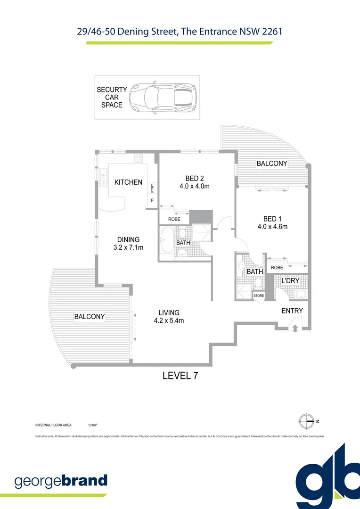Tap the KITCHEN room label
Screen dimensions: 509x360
click(128, 182)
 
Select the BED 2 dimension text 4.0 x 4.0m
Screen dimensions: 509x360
click(194, 186)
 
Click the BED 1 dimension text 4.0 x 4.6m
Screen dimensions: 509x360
click(272, 227)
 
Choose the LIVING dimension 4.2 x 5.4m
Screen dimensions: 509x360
click(169, 321)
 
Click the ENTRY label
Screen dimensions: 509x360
click(292, 311)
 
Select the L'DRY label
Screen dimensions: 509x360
click(290, 281)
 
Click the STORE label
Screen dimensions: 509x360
click(259, 296)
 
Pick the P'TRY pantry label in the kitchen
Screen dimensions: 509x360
click(152, 188)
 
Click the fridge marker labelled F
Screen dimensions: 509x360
click(152, 201)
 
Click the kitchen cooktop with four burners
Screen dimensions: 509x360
click(139, 158)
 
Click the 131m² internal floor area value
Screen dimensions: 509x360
click(92, 425)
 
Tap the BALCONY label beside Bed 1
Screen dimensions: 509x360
click(271, 164)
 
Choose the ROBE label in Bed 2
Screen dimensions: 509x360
click(174, 219)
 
